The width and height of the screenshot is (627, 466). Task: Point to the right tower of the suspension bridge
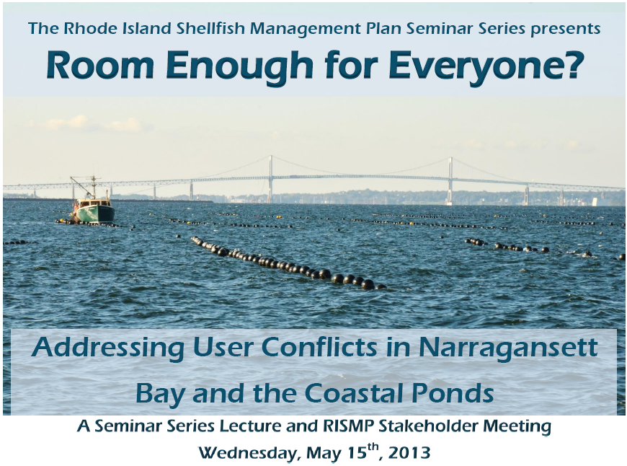pyautogui.click(x=450, y=180)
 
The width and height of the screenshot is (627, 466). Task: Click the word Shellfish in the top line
pyautogui.click(x=212, y=28)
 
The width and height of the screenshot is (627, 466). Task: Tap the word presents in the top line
pyautogui.click(x=566, y=30)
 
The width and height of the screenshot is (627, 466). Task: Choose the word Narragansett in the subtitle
pyautogui.click(x=508, y=348)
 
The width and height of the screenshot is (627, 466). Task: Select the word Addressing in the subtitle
pyautogui.click(x=107, y=348)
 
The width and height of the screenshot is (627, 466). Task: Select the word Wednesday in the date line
pyautogui.click(x=249, y=453)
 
